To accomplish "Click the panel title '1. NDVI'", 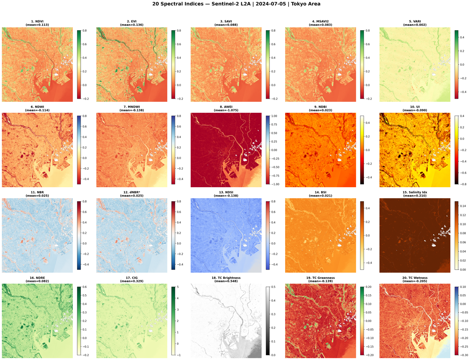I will click(x=37, y=21).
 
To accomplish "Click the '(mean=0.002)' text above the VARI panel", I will click(x=415, y=25).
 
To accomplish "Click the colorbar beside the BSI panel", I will click(x=362, y=235).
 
